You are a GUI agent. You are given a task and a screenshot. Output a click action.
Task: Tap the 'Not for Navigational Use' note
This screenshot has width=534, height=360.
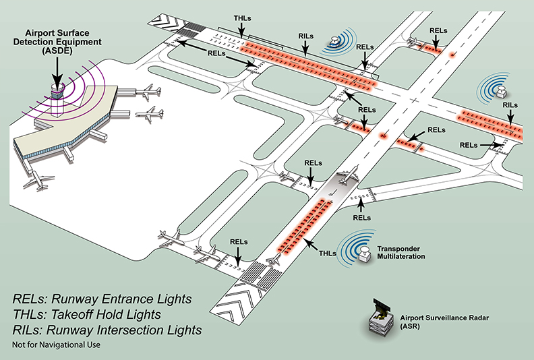pos(56,345)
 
